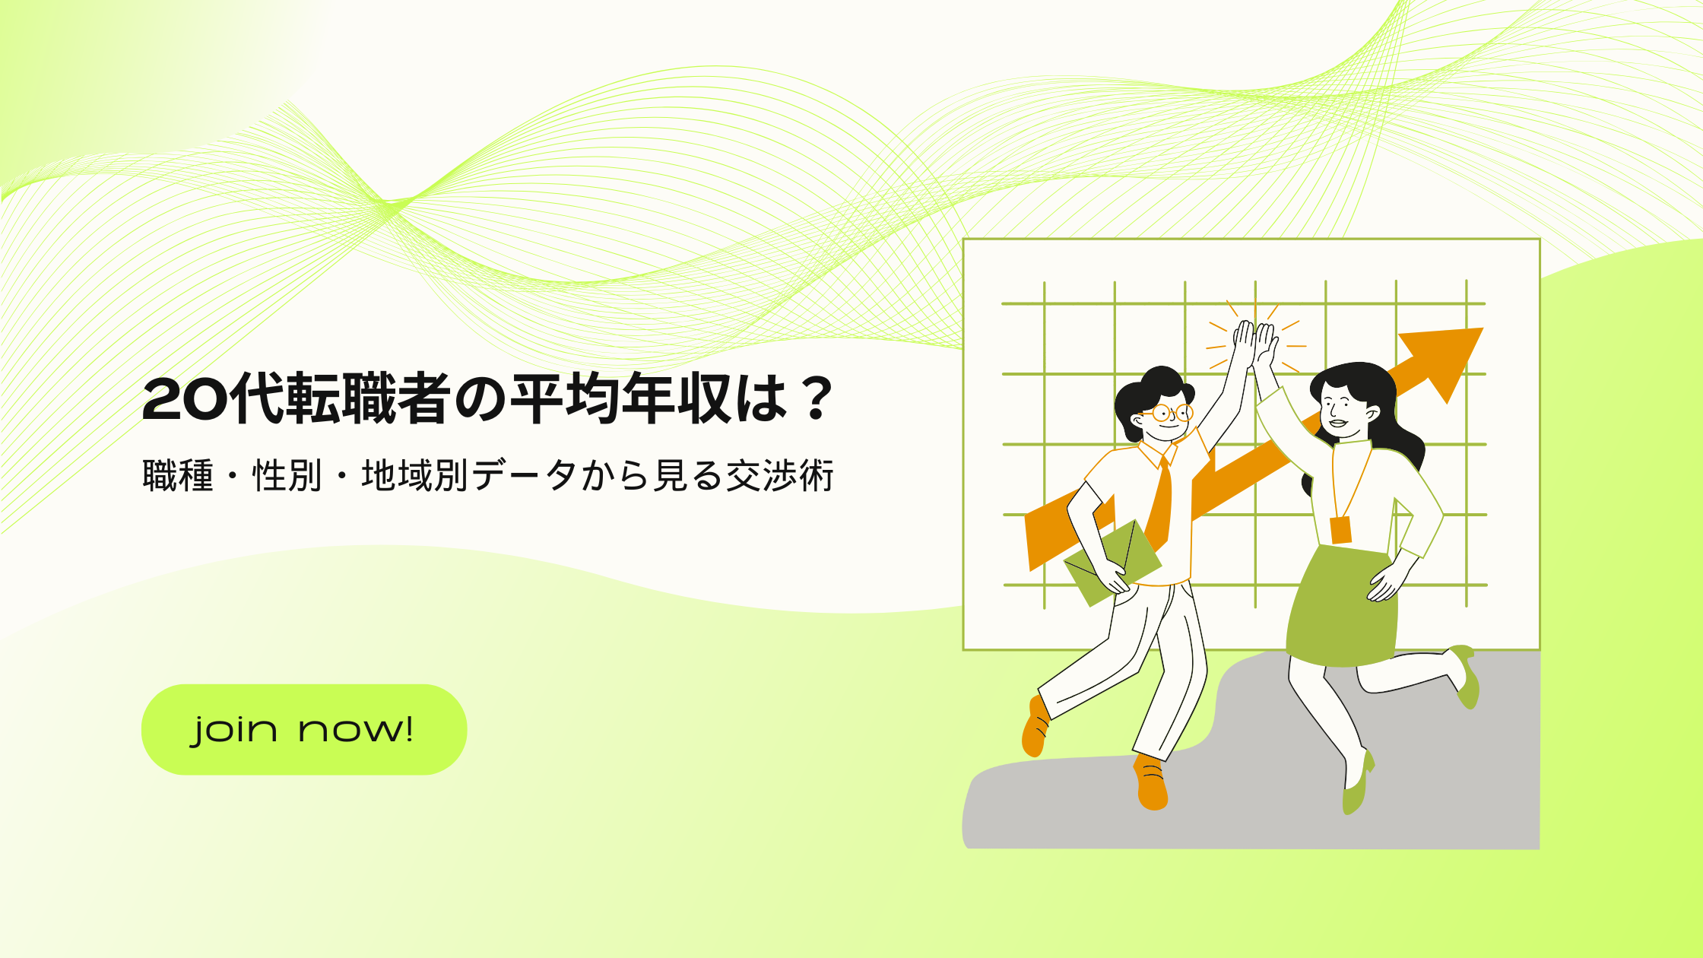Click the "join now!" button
(x=304, y=729)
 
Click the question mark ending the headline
(x=817, y=398)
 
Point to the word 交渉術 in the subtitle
(x=780, y=476)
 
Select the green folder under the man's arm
(x=1112, y=563)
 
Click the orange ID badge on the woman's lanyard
(x=1340, y=530)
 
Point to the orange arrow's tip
(x=1483, y=328)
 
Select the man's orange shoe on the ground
(x=1152, y=783)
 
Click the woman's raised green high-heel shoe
(x=1466, y=676)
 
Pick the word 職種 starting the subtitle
(x=178, y=476)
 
